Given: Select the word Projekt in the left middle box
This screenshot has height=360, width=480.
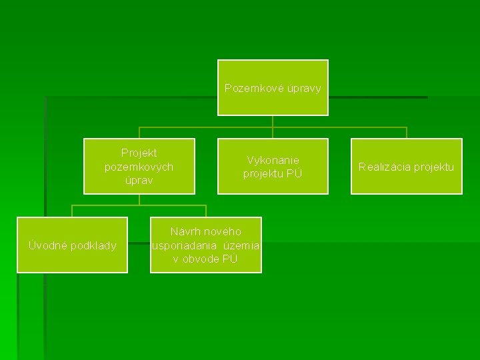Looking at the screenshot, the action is (x=139, y=153).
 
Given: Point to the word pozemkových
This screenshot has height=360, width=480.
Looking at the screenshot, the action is (x=139, y=166).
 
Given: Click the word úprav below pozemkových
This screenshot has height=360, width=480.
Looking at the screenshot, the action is (x=139, y=180).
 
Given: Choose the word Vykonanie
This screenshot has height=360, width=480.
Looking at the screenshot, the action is (x=273, y=160).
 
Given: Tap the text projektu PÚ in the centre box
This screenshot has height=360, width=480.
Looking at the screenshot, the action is (x=273, y=174).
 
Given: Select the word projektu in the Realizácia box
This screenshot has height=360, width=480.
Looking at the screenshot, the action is (x=433, y=167).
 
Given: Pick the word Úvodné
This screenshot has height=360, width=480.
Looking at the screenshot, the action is (x=47, y=245).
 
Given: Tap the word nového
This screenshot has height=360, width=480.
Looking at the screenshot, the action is (x=223, y=231).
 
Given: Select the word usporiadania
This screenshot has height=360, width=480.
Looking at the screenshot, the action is (x=184, y=245).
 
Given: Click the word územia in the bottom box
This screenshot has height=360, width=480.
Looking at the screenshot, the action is (x=242, y=245).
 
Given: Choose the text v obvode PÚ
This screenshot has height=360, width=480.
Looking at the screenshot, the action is (x=205, y=259).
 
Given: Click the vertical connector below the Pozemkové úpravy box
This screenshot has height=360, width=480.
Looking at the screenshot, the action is (x=273, y=121).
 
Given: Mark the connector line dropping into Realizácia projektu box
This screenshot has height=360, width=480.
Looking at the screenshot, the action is (x=407, y=133).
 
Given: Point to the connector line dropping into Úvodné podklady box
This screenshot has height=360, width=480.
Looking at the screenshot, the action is (x=72, y=211).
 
